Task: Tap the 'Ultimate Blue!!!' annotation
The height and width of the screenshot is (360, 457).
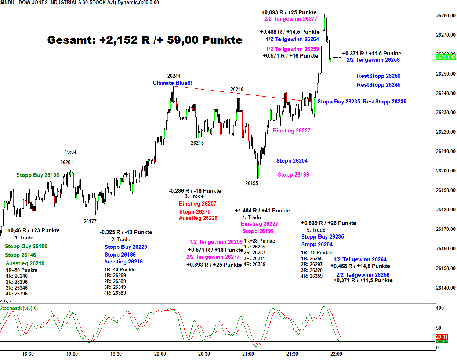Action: click(x=172, y=83)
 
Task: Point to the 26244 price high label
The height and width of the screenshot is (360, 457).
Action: click(x=174, y=76)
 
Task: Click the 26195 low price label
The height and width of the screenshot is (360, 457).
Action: click(x=251, y=183)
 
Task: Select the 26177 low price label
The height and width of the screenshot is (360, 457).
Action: click(x=90, y=221)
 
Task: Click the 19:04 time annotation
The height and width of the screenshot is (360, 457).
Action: click(x=70, y=152)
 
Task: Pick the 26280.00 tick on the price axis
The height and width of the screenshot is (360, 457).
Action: click(x=446, y=16)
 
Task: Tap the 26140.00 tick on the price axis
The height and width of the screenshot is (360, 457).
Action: click(x=446, y=288)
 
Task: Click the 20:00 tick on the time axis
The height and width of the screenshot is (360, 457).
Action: click(x=160, y=354)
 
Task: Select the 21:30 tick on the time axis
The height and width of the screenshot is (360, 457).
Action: click(x=292, y=354)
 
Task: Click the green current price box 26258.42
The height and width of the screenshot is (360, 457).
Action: click(x=446, y=57)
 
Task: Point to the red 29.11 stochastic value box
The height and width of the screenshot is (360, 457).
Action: click(x=442, y=337)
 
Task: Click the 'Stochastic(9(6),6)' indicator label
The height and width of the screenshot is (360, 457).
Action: click(x=19, y=308)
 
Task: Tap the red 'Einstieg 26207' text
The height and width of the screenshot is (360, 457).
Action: click(x=197, y=204)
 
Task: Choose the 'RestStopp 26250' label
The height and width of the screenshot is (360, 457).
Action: click(x=378, y=76)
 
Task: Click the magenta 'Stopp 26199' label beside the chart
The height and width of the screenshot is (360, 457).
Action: click(x=293, y=175)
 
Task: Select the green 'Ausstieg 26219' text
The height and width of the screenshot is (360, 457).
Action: click(x=25, y=263)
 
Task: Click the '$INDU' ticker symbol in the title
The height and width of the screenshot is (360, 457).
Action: click(x=7, y=3)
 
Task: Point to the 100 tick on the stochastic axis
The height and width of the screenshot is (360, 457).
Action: click(x=440, y=308)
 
